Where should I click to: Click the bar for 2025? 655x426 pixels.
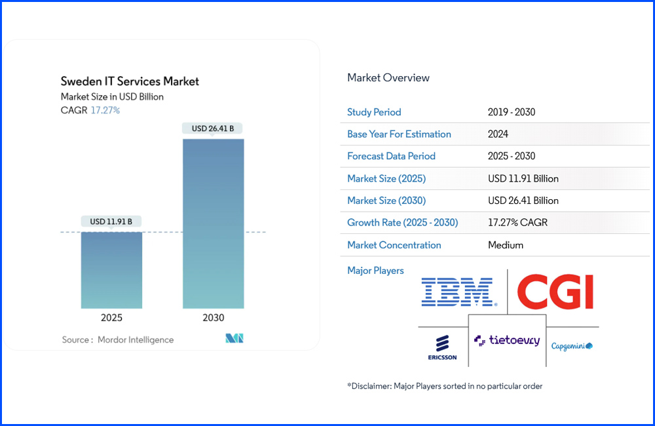111,269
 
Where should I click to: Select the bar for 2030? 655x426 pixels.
213,223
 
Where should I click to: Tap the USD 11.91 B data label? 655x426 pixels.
111,222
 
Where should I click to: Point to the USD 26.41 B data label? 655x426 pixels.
213,128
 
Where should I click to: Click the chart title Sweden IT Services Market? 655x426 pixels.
130,81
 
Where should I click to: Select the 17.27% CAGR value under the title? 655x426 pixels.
105,110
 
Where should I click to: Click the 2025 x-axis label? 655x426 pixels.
111,318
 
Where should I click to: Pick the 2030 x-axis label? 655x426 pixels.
213,318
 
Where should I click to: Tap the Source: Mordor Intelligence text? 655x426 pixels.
118,339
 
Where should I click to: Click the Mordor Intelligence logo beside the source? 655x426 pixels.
234,339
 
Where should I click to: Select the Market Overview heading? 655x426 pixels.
388,77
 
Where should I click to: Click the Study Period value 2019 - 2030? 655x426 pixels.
512,112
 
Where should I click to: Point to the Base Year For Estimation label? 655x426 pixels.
399,134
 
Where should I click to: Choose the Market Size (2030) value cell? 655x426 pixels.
523,201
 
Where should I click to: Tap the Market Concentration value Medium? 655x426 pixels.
506,245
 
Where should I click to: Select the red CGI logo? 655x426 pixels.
555,292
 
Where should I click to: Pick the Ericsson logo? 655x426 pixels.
442,347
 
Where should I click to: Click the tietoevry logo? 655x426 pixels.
507,340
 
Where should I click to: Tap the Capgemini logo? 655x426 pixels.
572,345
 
